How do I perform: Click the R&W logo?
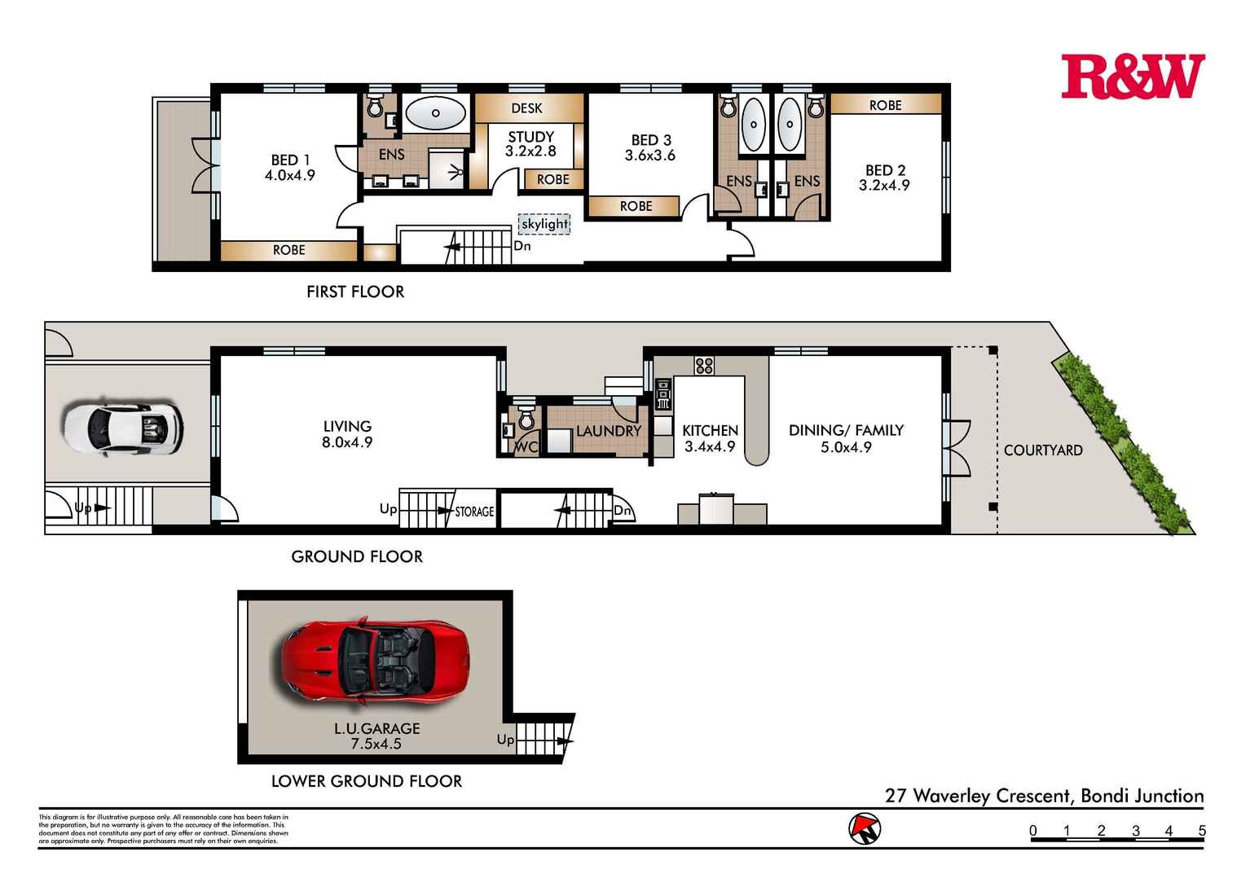1132,77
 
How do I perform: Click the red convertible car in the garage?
375,661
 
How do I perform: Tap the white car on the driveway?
122,426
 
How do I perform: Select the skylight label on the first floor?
544,224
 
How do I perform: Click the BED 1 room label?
290,167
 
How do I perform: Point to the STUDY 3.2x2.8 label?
530,144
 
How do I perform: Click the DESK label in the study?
526,108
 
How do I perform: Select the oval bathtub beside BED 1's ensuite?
436,114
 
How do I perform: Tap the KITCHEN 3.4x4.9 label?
710,438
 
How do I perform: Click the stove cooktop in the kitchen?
704,366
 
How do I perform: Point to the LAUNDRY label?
608,431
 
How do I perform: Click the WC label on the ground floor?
526,447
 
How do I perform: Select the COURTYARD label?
1042,450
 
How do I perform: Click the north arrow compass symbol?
865,828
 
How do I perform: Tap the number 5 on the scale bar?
1202,832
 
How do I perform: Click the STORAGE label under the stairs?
474,512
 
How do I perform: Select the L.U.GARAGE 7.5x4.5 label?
376,736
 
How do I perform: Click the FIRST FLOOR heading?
355,292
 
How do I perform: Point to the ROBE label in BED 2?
885,105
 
